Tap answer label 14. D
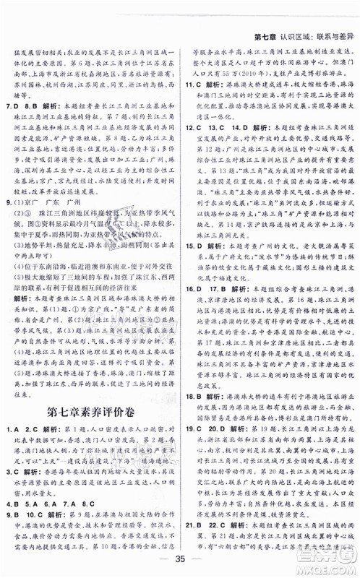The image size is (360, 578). (x=250, y=169)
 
